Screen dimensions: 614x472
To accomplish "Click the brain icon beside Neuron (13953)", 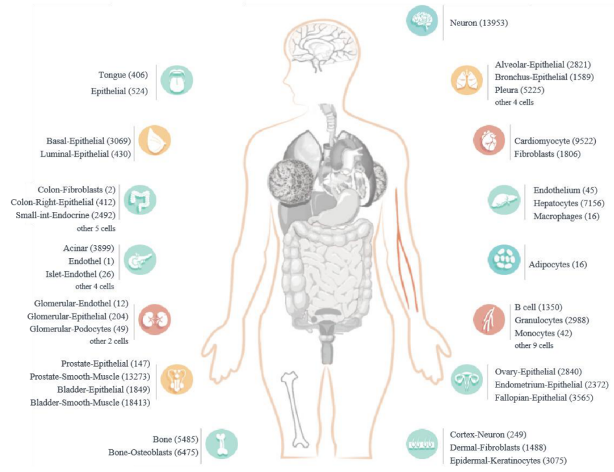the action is (x=422, y=20).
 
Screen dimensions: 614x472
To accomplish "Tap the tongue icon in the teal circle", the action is (x=177, y=81).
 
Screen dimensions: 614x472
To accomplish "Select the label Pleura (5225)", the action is (x=519, y=90).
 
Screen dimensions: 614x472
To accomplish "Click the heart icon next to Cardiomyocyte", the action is (x=489, y=140).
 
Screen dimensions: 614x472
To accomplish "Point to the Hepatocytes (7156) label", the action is (x=569, y=203).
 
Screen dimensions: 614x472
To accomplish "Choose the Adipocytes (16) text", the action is (x=558, y=265).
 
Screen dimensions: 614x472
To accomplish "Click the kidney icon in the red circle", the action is (x=154, y=319).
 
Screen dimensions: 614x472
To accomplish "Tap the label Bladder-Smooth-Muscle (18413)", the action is (x=90, y=402).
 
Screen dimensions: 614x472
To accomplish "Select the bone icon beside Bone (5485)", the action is (x=221, y=444).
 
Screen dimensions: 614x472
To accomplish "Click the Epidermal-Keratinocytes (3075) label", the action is (x=508, y=460).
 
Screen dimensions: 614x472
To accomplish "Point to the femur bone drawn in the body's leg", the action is (x=294, y=409).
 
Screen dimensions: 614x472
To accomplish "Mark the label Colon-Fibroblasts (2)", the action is (x=77, y=190).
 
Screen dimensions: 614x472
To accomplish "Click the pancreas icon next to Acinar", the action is (x=140, y=260).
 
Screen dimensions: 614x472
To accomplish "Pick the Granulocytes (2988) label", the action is (x=551, y=320).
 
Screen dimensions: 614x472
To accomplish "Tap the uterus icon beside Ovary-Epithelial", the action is (x=467, y=380).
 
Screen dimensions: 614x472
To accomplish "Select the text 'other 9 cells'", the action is (x=534, y=345).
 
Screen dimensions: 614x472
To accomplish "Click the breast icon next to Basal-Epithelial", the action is (x=154, y=140).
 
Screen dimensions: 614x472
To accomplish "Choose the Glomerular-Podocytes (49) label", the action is (x=79, y=329).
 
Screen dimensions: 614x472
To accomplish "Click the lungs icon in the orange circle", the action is (x=467, y=81).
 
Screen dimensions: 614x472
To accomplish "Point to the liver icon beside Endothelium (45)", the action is (x=504, y=200).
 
